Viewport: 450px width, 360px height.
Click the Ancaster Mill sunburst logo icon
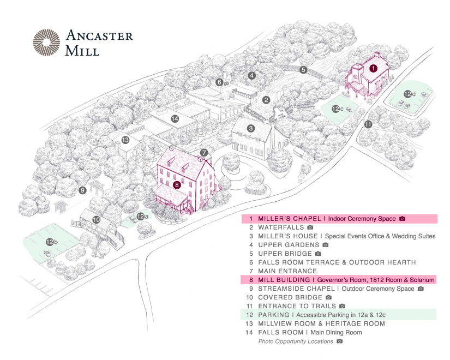click(46, 43)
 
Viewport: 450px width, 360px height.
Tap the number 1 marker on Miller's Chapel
click(373, 69)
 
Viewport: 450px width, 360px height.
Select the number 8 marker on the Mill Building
click(177, 185)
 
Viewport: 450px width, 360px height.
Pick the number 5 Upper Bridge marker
click(303, 70)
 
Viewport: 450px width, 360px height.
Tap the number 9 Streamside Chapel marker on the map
click(82, 190)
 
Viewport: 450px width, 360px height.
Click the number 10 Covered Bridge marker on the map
click(96, 220)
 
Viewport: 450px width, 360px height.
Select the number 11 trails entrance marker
click(368, 124)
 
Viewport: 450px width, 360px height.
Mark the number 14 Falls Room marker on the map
click(175, 118)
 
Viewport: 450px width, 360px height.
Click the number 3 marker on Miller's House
click(251, 129)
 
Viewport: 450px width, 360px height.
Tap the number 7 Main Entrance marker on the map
click(203, 153)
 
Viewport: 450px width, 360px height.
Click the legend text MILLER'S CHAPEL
click(289, 219)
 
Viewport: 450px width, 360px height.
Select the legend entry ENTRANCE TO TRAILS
click(297, 306)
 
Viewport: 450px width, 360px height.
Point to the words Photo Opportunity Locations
click(295, 341)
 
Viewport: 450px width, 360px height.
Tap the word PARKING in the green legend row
click(273, 315)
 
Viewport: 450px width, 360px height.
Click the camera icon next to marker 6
click(226, 83)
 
